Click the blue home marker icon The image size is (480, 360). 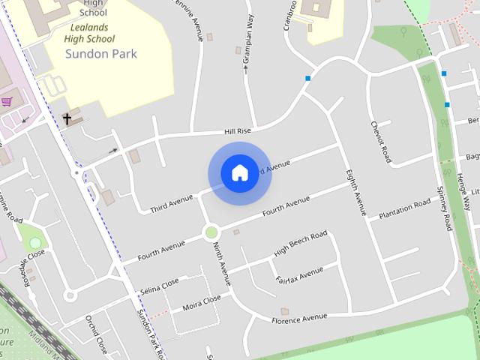pos(239,173)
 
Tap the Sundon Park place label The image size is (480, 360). pos(101,54)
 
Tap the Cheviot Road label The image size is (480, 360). pos(380,142)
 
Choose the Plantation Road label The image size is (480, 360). pos(404,208)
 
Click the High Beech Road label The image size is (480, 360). pos(301,243)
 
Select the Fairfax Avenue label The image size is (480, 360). pos(299,274)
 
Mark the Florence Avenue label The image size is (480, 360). pos(299,319)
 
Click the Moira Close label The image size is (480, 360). pos(202,302)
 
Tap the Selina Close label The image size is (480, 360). pos(160,286)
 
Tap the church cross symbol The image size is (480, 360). pos(67,118)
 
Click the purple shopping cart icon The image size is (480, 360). pos(7,101)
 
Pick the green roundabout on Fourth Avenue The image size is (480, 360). pos(211,232)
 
